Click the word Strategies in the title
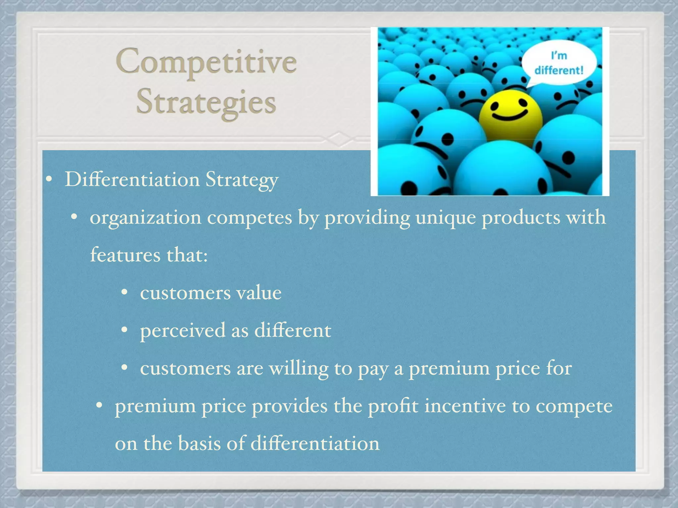(206, 102)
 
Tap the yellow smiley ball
(510, 114)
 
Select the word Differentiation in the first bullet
(132, 180)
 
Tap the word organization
(146, 218)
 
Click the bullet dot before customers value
(124, 292)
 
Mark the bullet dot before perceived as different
(124, 330)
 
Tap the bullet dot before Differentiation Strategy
(49, 180)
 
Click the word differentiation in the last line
(315, 444)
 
